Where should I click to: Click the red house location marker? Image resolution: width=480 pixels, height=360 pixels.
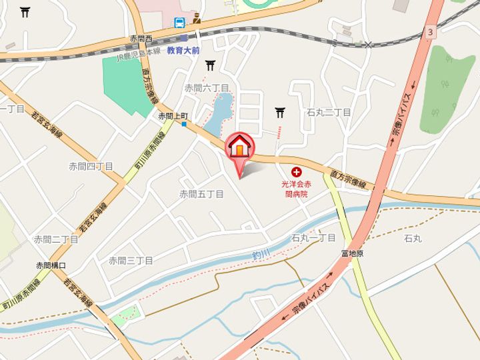239,145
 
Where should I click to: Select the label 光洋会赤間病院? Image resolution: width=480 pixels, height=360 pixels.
293,189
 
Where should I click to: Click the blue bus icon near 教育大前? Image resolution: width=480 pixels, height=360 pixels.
179,23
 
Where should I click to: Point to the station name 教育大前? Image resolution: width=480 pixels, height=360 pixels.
183,50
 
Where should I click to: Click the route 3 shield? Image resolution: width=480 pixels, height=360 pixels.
431,31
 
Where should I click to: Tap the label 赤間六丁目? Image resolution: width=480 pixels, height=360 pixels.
207,88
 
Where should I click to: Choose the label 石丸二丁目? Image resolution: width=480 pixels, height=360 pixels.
329,113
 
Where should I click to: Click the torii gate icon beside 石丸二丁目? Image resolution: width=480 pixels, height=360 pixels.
279,113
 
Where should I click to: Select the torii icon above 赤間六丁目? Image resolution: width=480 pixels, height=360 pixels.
211,65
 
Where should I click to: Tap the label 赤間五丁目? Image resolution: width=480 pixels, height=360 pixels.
201,194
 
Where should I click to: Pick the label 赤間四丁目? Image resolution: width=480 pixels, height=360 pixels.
91,166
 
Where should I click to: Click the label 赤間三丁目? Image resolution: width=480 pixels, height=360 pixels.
131,260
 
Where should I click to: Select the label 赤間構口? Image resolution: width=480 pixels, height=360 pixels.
51,265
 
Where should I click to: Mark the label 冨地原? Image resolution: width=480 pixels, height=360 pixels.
351,254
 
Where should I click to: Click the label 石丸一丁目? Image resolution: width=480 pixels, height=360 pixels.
313,238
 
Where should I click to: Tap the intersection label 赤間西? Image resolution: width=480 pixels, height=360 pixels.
141,39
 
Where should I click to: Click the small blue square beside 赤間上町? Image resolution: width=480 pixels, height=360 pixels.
183,123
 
